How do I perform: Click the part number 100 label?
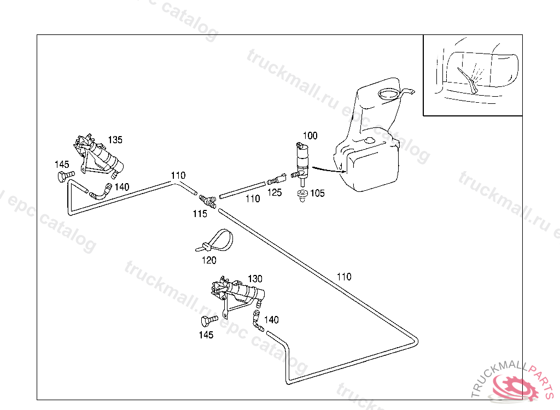(310, 135)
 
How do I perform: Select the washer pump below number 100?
(301, 160)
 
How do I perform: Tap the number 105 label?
(318, 193)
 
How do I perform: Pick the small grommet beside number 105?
(301, 195)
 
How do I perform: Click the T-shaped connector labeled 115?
(207, 200)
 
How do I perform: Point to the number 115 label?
(200, 214)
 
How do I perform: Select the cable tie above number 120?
(214, 241)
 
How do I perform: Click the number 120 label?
(209, 261)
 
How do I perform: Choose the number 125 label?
(275, 192)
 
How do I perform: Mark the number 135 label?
(115, 140)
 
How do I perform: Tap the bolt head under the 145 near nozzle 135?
(63, 177)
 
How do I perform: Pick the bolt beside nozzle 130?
(209, 320)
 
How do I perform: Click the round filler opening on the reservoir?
(389, 93)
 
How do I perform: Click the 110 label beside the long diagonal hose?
(344, 277)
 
